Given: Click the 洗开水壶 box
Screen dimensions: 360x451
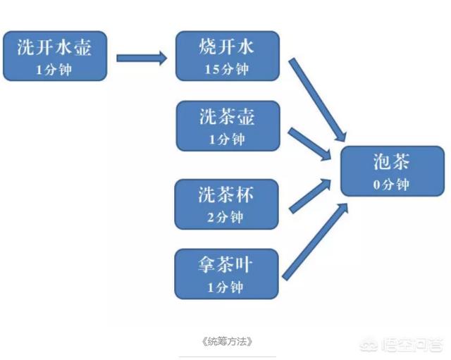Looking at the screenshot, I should [55, 56].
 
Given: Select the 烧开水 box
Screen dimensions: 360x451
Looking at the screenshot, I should [227, 56].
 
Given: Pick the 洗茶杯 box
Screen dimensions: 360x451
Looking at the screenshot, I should [227, 204].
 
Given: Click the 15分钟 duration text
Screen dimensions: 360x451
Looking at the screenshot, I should [227, 70].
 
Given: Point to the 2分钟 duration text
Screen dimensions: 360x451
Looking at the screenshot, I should [227, 216].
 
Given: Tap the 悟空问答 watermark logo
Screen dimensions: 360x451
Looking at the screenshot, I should [409, 345].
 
